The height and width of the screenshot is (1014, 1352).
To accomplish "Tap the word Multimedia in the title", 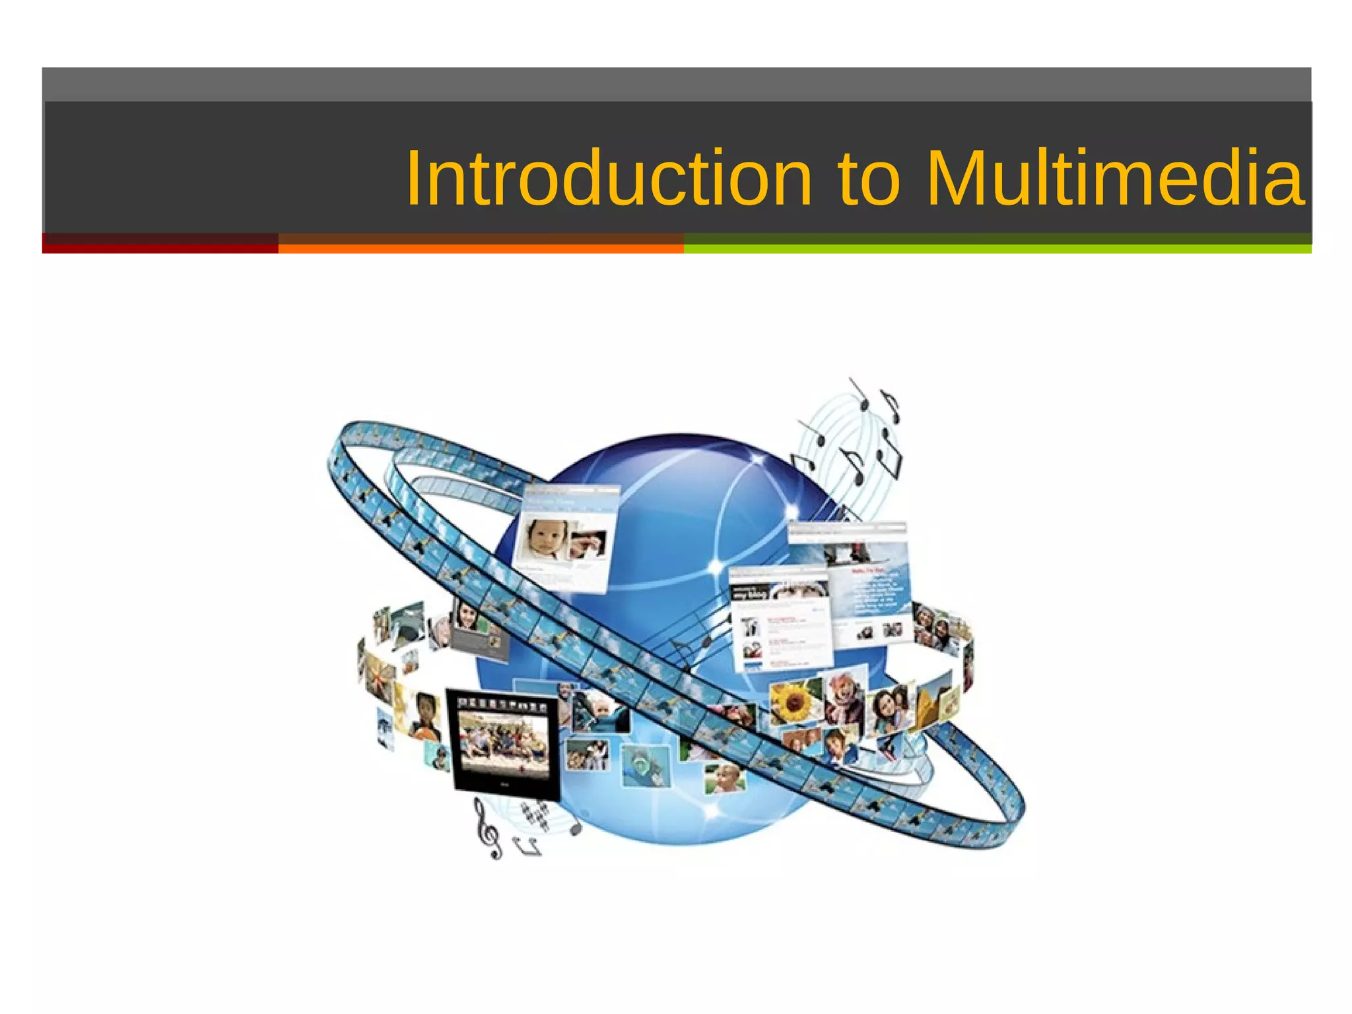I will pos(1115,178).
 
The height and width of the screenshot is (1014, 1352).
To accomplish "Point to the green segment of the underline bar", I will pos(997,245).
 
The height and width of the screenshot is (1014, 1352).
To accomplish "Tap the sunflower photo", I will pos(795,702).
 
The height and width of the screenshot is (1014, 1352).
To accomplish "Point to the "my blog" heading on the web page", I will pos(749,594).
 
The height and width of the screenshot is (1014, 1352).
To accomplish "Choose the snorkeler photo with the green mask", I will pos(644,766).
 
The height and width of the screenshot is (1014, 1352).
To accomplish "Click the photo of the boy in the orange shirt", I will pos(426,717).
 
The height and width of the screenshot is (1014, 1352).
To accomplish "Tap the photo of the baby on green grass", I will pos(725,779).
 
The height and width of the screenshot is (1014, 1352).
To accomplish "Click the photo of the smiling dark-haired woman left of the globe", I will pos(468,617).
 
